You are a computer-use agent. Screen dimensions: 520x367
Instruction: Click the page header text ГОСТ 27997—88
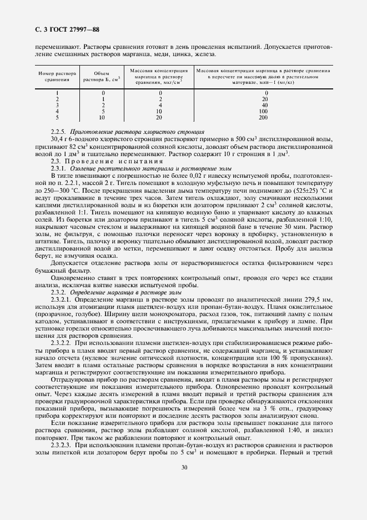click(69, 29)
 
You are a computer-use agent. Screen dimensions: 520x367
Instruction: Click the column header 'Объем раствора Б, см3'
click(102, 76)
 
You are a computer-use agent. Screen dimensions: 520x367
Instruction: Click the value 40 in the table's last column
click(264, 105)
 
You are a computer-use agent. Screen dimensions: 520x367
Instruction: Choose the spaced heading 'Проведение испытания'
click(101, 161)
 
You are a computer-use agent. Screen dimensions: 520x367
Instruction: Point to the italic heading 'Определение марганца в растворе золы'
click(133, 292)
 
